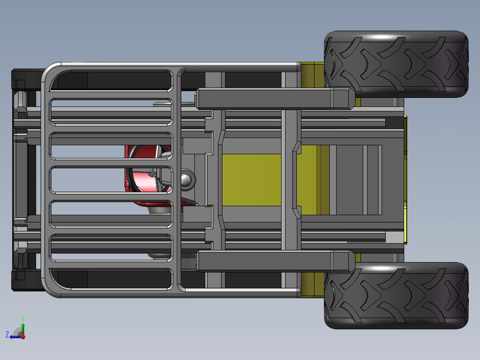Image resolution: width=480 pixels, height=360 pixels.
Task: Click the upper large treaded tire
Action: [x=396, y=64]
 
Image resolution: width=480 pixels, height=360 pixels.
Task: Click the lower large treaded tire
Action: [x=396, y=296]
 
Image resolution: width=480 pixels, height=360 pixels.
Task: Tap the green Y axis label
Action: [x=23, y=319]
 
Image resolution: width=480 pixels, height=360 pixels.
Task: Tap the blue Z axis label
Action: [x=7, y=334]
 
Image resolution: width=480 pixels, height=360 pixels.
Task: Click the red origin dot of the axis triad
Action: [x=23, y=337]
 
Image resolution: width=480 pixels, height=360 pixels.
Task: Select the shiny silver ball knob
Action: [x=185, y=180]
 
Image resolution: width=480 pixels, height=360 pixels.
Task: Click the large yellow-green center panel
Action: [x=251, y=180]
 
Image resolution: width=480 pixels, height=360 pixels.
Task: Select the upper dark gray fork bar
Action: [x=276, y=98]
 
